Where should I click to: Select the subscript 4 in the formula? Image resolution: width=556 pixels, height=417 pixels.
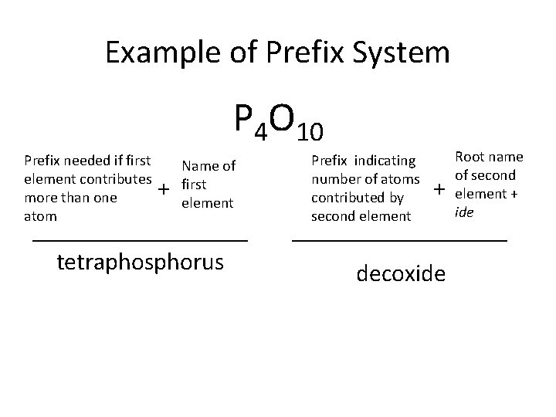point(261,133)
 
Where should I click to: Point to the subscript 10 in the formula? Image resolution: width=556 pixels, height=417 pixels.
point(310,133)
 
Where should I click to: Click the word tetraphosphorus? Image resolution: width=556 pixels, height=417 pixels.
point(141,262)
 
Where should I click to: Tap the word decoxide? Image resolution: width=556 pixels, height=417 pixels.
point(401,273)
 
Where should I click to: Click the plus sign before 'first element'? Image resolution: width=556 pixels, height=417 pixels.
point(163,189)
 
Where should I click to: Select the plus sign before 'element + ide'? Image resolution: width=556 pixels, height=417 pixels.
point(439,189)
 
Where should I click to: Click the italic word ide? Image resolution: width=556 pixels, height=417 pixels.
point(464,212)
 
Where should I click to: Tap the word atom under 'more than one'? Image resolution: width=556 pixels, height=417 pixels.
point(41,215)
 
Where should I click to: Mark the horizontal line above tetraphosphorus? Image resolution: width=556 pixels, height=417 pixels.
point(141,242)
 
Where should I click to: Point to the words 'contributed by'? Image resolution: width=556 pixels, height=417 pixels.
point(357,198)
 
